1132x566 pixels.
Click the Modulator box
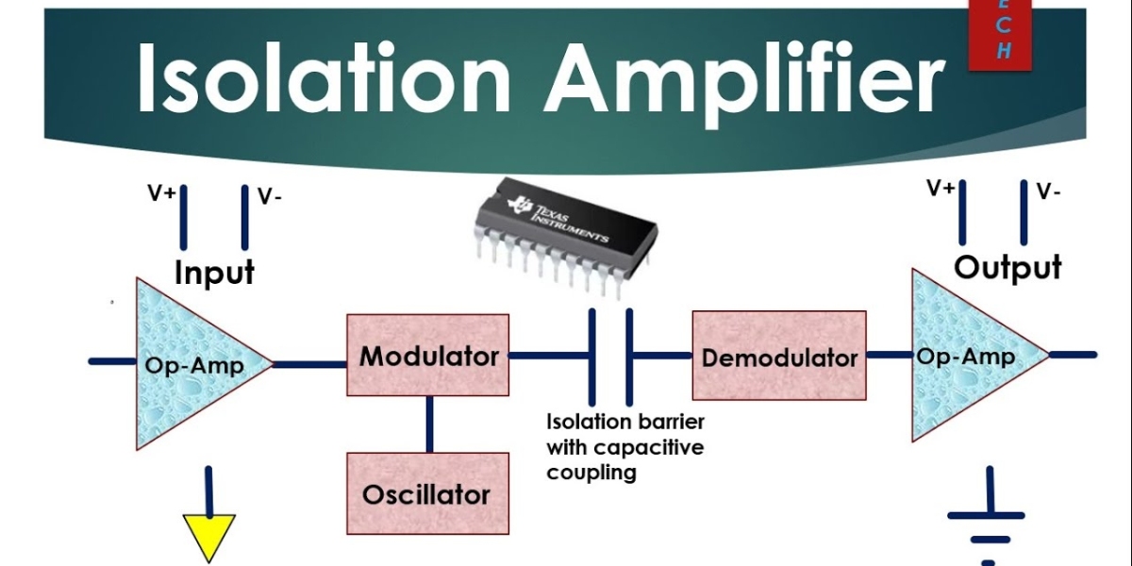(x=428, y=355)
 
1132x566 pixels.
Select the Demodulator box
(x=779, y=356)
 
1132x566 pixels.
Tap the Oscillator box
(x=427, y=492)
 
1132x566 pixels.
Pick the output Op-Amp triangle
(x=967, y=356)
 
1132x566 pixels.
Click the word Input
(x=214, y=273)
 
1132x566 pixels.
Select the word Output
(x=1007, y=267)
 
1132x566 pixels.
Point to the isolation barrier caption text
(x=624, y=446)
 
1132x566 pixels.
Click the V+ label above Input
(x=160, y=194)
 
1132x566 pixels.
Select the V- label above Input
(x=270, y=196)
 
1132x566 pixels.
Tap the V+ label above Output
(x=941, y=189)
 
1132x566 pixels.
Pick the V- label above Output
(x=1048, y=191)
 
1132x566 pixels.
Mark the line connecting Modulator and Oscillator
(x=429, y=424)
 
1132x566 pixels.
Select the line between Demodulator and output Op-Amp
(x=888, y=355)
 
